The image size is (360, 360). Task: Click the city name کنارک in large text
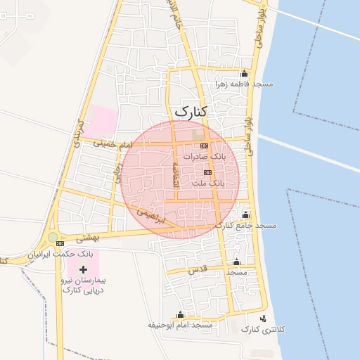click(191, 111)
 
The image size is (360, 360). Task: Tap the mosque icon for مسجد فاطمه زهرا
click(244, 74)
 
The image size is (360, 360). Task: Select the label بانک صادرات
click(206, 157)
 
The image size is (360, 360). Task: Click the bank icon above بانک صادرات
click(205, 146)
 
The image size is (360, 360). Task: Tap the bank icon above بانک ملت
click(207, 172)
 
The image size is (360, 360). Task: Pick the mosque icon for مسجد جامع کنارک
click(245, 214)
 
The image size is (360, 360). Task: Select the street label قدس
click(195, 270)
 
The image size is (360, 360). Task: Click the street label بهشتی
click(90, 238)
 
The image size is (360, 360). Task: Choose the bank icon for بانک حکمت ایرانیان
click(59, 243)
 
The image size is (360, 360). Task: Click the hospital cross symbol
click(84, 269)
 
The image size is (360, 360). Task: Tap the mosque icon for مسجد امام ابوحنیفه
click(181, 314)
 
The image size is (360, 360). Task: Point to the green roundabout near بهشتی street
click(53, 237)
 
